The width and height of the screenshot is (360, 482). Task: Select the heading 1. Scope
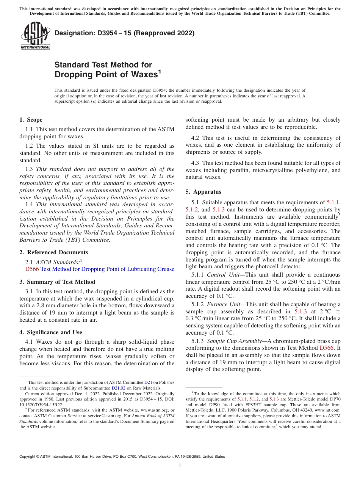pos(31,120)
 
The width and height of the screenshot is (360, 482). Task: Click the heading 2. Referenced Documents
pos(53,252)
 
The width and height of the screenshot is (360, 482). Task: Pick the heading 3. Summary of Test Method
pos(57,282)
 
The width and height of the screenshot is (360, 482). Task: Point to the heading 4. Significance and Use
pos(50,332)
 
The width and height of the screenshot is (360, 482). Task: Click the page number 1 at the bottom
pos(180,466)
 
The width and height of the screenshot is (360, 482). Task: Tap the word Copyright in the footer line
pos(28,457)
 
